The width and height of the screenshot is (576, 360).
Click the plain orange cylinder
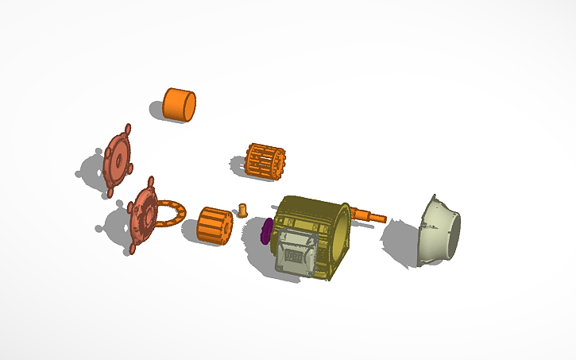point(179,105)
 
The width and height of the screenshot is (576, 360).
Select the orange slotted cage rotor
point(266,162)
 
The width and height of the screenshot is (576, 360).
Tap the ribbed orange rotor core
point(214,226)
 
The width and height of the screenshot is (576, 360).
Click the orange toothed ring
point(170,215)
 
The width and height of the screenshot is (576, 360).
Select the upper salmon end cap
point(118,159)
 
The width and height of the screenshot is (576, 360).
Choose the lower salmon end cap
point(144,215)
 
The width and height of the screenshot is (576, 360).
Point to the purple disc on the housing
point(266,231)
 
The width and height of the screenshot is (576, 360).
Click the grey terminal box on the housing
point(296,256)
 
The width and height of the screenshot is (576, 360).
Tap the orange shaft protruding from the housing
point(369,215)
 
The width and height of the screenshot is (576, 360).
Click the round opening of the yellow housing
point(339,231)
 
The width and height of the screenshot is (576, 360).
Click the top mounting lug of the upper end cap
point(127,128)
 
